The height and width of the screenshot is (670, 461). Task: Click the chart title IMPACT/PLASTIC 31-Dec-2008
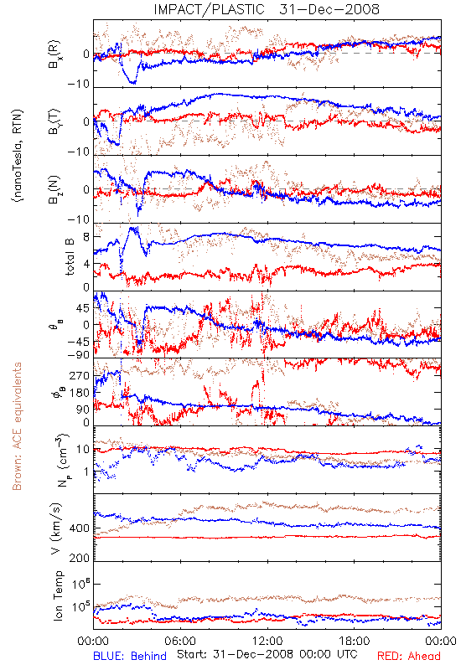pos(267,9)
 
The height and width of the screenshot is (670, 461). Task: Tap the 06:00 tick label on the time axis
pos(180,641)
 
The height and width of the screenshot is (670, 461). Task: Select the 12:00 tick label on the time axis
pos(267,641)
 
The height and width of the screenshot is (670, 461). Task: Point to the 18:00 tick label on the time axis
pos(355,641)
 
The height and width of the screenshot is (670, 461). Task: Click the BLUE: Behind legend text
pos(130,657)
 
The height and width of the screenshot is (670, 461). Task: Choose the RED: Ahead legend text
pos(408,657)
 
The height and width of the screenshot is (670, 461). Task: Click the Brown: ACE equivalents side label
pos(17,426)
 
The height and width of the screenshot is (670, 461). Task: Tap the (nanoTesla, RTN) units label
pos(18,156)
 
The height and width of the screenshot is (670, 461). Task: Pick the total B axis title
pos(70,257)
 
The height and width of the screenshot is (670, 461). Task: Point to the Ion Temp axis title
pos(58,595)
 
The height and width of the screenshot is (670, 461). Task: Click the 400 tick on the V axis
pos(79,528)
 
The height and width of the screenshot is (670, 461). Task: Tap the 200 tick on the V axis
pos(79,558)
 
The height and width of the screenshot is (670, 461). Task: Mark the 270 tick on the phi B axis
pos(80,375)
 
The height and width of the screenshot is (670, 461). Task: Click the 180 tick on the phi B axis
pos(80,392)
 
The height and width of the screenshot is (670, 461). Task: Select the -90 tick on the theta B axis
pos(78,354)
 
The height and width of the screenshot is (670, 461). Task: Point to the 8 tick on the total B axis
pos(86,237)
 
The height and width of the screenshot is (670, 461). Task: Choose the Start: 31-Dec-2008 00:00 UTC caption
pos(267,654)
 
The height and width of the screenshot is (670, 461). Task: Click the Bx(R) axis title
pos(54,54)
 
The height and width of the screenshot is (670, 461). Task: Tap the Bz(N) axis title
pos(54,190)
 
